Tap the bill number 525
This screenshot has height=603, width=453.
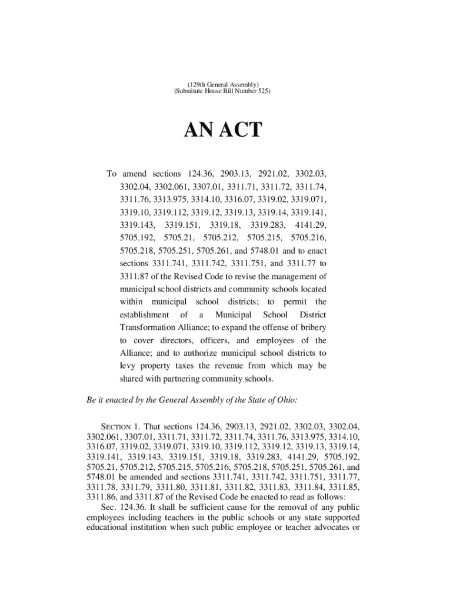[262, 92]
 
